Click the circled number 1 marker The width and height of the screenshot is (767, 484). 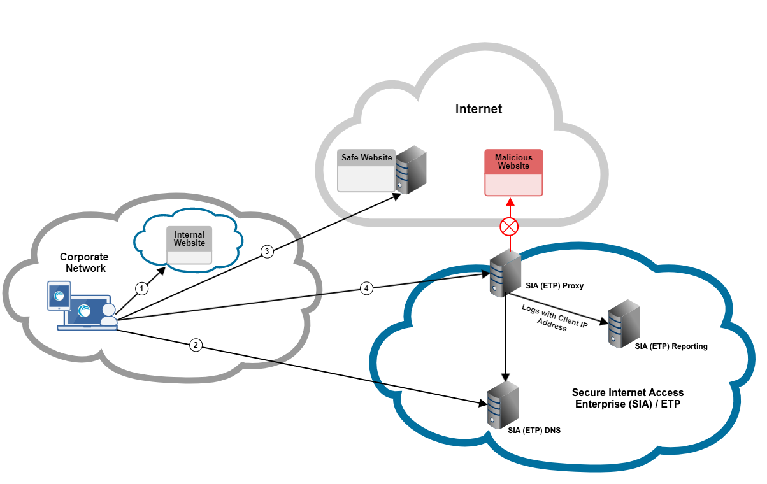(143, 288)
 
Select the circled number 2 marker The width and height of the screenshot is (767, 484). (196, 345)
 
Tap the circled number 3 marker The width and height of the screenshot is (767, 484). (268, 252)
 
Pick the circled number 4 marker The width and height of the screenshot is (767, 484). (366, 288)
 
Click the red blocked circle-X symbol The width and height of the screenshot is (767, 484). (509, 226)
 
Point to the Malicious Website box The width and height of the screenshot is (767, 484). (513, 172)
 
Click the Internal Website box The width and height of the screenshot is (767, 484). (189, 245)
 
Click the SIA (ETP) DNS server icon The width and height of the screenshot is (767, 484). (503, 404)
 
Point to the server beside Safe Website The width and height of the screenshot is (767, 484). (410, 169)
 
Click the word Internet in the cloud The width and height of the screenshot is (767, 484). (478, 109)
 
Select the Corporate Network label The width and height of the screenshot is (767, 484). (84, 262)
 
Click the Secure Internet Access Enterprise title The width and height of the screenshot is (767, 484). (627, 398)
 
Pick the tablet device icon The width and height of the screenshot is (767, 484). (59, 296)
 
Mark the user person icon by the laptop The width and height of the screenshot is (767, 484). (109, 314)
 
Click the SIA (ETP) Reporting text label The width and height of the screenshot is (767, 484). (671, 346)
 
